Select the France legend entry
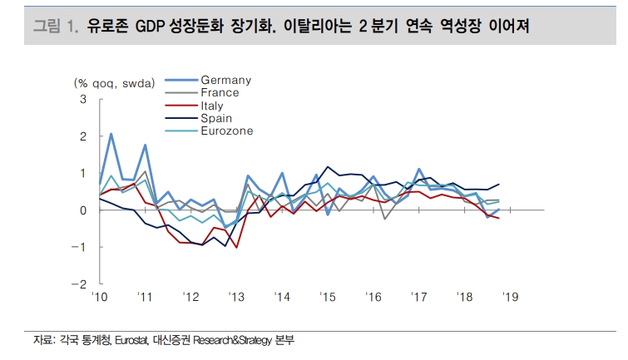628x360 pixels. [x=220, y=92]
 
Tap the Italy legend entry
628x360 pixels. [x=212, y=106]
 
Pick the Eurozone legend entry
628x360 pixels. [x=226, y=131]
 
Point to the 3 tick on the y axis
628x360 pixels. [x=82, y=100]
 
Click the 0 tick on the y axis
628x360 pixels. [x=82, y=210]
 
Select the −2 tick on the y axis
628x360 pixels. [x=80, y=284]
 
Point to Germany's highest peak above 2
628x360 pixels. [x=111, y=134]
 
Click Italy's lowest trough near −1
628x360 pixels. [x=236, y=247]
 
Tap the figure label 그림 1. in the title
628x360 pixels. [x=55, y=27]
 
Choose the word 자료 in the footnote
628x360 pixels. [x=42, y=341]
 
